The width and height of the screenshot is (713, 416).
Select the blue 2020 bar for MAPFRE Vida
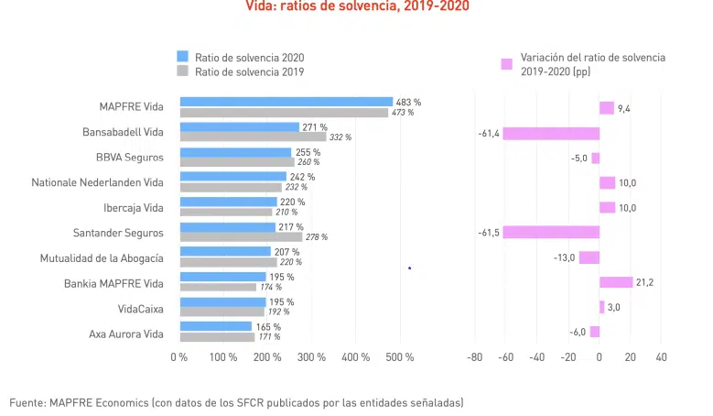tap(286, 102)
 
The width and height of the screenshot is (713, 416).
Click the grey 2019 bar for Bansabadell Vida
tap(253, 137)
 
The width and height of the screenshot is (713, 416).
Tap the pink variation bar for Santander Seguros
tap(550, 233)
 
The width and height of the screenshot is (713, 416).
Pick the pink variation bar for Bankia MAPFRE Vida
tap(615, 282)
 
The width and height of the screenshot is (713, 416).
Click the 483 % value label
tap(408, 102)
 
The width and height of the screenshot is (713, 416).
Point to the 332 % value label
tap(340, 137)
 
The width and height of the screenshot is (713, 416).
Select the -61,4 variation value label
tap(488, 133)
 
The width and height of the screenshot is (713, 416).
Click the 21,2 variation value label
tap(644, 282)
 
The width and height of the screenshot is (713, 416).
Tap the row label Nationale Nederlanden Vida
tap(97, 182)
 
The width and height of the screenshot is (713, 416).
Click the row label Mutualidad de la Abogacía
tap(102, 257)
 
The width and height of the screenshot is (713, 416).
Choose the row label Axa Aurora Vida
tap(125, 333)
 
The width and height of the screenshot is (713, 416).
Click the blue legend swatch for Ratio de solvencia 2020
tap(182, 57)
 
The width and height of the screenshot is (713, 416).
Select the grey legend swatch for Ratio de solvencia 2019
tap(182, 71)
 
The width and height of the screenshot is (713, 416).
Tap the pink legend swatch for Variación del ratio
tap(506, 64)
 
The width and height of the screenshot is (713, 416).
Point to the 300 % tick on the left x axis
tap(311, 356)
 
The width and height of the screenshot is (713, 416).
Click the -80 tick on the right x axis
tap(474, 356)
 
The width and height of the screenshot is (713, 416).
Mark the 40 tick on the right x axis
tap(661, 356)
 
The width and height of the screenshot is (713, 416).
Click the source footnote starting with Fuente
tap(236, 401)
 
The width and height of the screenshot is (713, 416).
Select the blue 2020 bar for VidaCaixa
tap(222, 301)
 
